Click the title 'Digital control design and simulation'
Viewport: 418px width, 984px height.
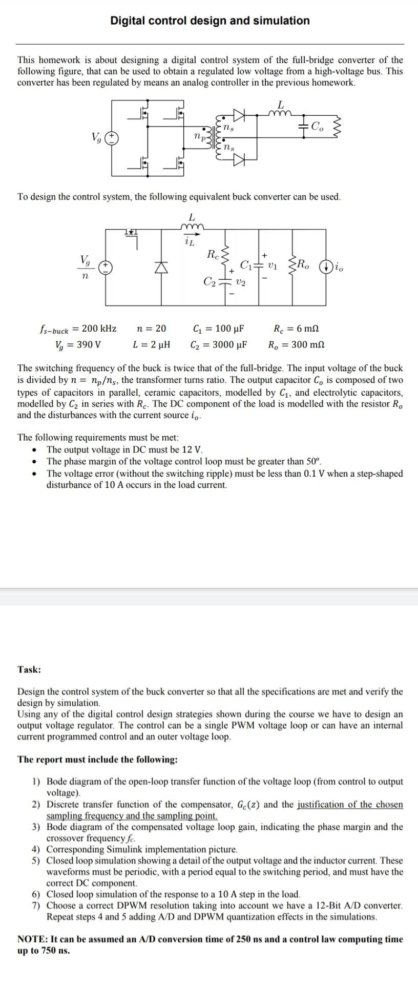210,20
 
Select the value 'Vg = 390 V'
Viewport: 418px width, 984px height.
78,344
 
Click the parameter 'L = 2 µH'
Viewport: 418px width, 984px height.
152,344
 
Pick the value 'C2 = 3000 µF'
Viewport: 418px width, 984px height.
219,344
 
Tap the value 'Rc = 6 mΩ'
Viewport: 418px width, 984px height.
297,329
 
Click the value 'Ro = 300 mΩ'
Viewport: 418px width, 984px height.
297,344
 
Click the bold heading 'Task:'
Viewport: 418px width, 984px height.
29,669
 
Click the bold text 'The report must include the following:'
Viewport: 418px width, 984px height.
97,759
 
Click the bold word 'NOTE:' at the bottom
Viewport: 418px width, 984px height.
33,939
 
